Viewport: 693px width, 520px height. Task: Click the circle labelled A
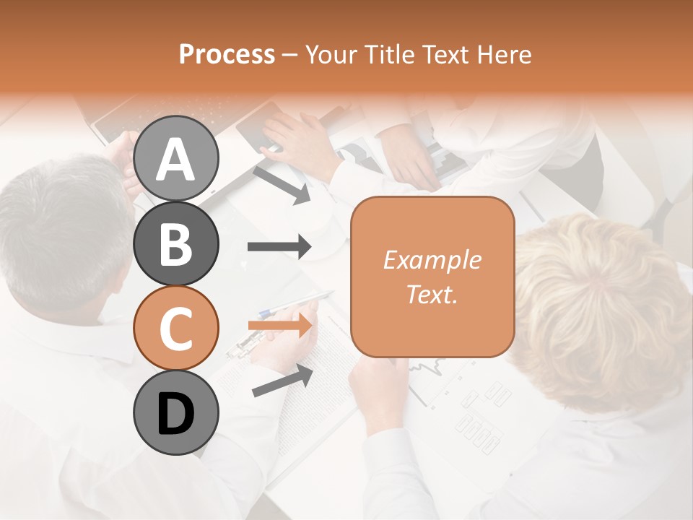coord(175,158)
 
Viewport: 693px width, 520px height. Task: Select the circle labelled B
coord(175,243)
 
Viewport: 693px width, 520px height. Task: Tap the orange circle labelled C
coord(175,328)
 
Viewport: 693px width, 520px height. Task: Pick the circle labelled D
coord(175,412)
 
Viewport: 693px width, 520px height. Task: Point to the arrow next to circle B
coord(279,247)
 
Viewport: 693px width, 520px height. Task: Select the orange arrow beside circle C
coord(279,326)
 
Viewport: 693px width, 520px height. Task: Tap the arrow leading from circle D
coord(282,381)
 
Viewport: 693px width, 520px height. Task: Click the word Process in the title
coord(227,54)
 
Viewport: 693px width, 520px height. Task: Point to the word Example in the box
coord(432,260)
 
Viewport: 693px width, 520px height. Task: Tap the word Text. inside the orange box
coord(432,294)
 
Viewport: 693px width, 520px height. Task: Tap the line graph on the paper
coord(433,376)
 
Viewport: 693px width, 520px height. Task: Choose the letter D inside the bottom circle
coord(175,414)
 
